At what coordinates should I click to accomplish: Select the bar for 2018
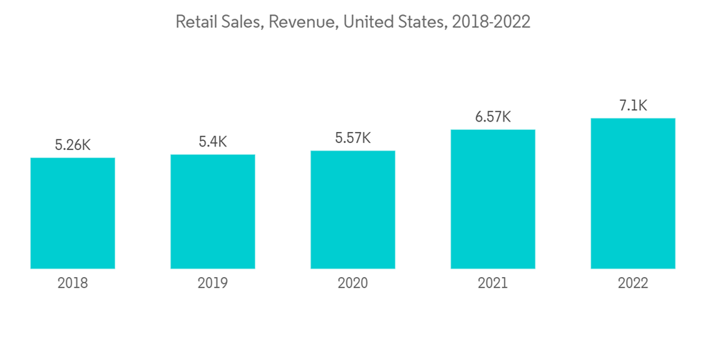point(73,213)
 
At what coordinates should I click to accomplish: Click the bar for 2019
point(213,211)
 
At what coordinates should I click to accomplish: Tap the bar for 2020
point(353,209)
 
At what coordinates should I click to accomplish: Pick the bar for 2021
point(493,199)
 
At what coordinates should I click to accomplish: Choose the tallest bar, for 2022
point(633,193)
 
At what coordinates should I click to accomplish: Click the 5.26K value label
point(73,145)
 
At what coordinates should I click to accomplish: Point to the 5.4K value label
point(213,141)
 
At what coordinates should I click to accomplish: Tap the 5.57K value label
point(353,138)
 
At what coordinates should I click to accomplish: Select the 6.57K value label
point(493,116)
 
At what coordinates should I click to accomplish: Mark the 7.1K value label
point(633,106)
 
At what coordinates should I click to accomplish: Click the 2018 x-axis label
point(73,284)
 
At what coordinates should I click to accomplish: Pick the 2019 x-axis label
point(213,284)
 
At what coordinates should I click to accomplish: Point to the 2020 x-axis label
point(353,284)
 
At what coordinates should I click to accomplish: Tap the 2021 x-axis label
point(493,284)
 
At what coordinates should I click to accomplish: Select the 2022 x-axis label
point(633,284)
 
